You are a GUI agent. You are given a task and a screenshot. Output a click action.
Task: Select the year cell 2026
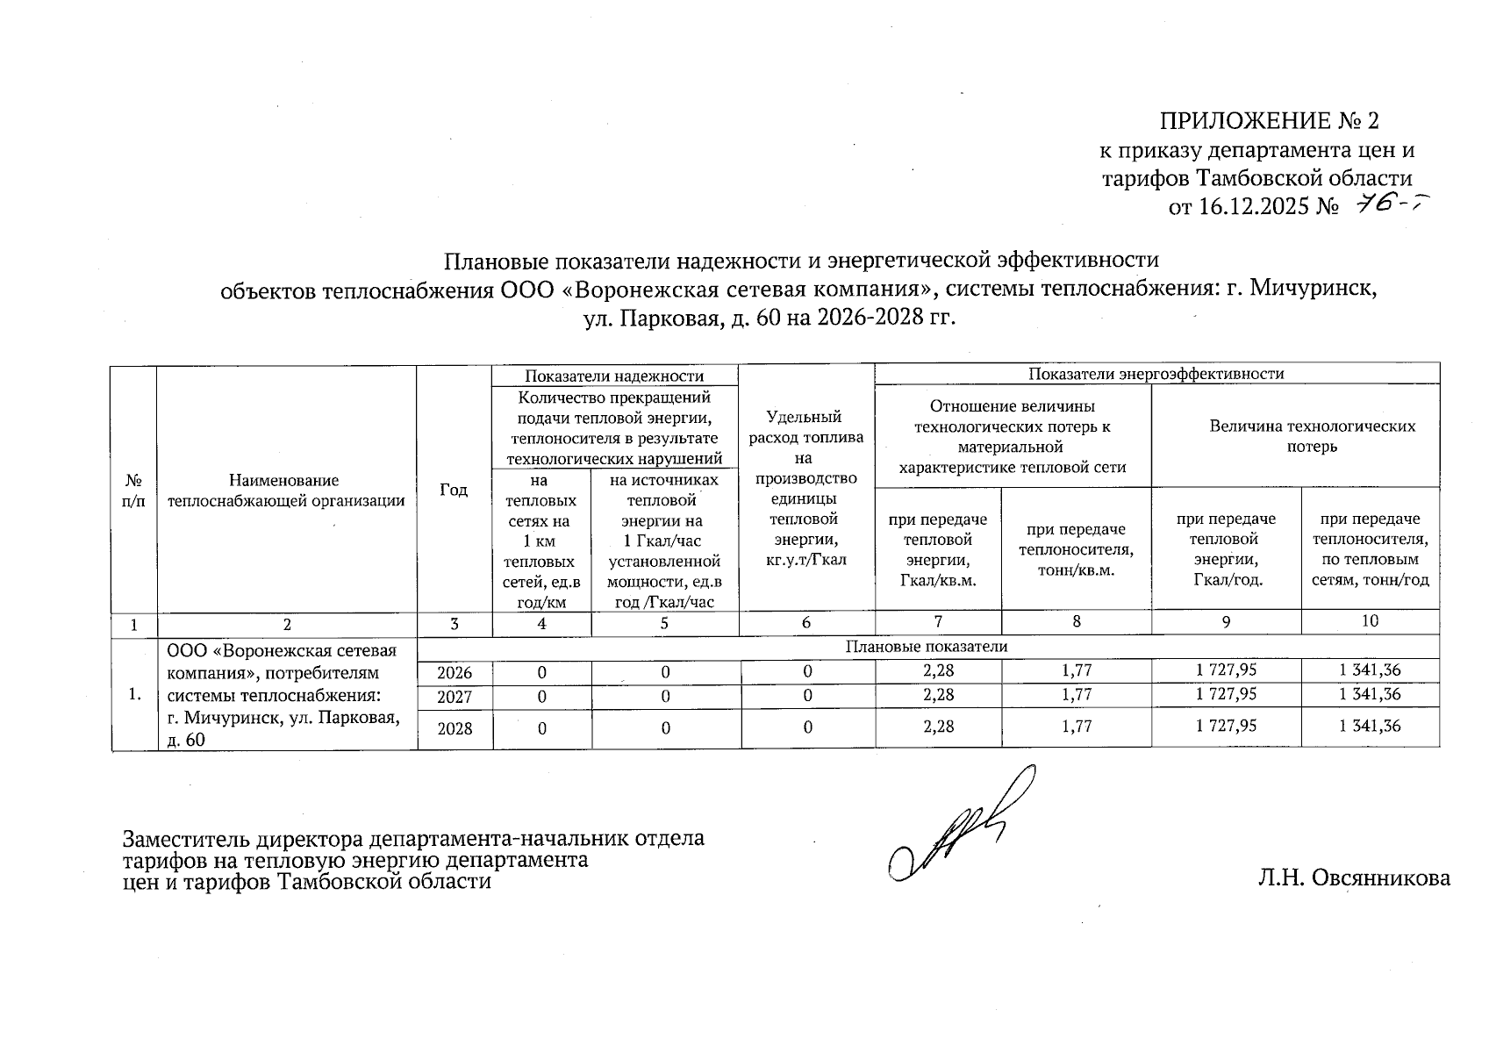(x=455, y=673)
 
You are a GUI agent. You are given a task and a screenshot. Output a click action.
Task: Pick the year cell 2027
(x=455, y=697)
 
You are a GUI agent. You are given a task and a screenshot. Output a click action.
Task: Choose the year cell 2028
(x=455, y=728)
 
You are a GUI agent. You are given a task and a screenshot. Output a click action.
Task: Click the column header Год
(x=454, y=490)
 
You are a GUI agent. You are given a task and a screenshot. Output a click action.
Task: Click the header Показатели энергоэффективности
(x=1156, y=374)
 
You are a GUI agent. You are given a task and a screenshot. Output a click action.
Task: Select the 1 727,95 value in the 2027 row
(x=1226, y=694)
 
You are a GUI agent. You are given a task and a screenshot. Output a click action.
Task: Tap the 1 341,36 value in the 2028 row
(x=1370, y=726)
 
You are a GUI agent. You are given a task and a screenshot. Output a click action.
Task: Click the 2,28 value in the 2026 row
(x=938, y=670)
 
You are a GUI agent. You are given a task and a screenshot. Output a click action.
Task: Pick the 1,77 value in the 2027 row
(x=1076, y=694)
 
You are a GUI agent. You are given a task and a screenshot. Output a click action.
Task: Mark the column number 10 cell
(x=1370, y=621)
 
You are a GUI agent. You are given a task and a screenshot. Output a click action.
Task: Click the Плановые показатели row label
(x=927, y=647)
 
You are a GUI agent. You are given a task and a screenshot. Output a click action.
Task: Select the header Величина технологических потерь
(x=1312, y=436)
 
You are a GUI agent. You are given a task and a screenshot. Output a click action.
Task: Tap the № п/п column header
(x=134, y=490)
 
